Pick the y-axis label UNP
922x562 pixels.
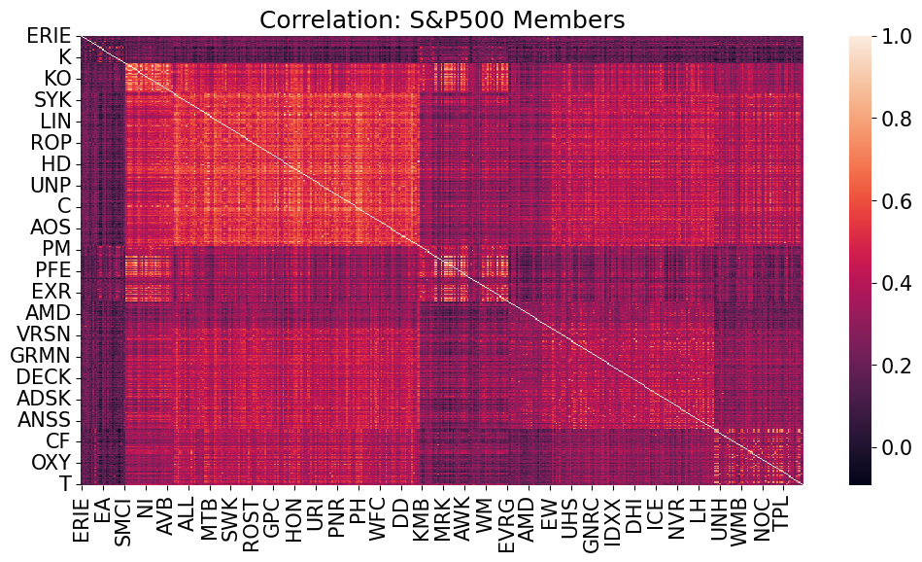pyautogui.click(x=48, y=185)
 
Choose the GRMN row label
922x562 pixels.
pyautogui.click(x=38, y=354)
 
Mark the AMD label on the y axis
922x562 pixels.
pyautogui.click(x=47, y=311)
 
